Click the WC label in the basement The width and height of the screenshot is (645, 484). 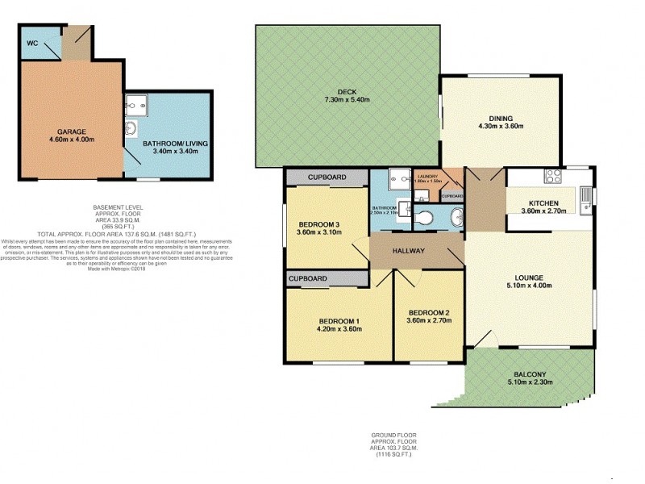tap(32, 43)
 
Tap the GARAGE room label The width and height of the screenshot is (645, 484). tap(71, 131)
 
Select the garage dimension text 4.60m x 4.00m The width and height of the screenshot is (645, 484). tap(71, 140)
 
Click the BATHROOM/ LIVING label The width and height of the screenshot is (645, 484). tap(175, 144)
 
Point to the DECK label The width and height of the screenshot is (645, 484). tap(347, 92)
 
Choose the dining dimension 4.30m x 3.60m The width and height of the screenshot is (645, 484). tap(501, 126)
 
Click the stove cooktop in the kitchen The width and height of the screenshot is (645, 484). tap(554, 177)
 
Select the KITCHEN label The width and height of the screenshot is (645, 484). tap(544, 203)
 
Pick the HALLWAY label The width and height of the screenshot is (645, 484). tap(409, 251)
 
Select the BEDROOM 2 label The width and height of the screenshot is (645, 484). tap(429, 313)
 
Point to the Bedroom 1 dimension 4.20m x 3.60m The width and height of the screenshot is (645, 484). tap(339, 329)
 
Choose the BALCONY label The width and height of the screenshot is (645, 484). tap(531, 374)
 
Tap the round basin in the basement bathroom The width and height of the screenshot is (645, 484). tap(131, 129)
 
